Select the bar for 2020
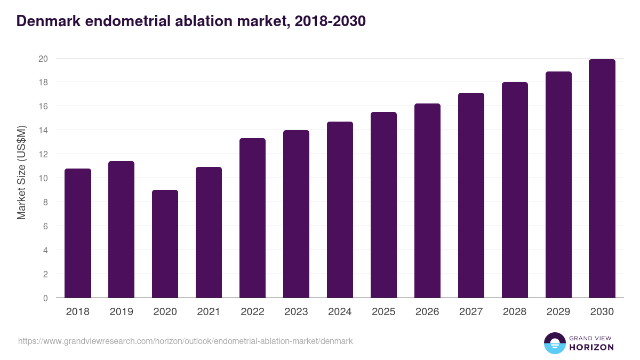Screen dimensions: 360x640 point(165,244)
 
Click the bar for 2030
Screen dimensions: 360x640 point(602,179)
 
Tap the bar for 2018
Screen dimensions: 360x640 point(78,233)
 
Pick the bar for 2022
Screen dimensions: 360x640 point(252,218)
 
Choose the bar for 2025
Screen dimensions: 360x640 point(383,205)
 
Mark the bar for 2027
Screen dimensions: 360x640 point(471,195)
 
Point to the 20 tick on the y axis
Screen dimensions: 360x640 point(43,59)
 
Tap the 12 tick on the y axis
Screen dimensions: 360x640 point(43,154)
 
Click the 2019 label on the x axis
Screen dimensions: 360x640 point(122,312)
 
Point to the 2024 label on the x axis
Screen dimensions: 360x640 point(340,312)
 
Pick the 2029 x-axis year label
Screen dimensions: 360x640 point(558,312)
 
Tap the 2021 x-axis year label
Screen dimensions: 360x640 point(209,312)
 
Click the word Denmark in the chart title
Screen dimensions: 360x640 point(47,21)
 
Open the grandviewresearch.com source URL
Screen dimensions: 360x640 point(185,341)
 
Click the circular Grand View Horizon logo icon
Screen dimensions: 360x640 point(554,343)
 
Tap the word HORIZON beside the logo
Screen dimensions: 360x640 point(592,347)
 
